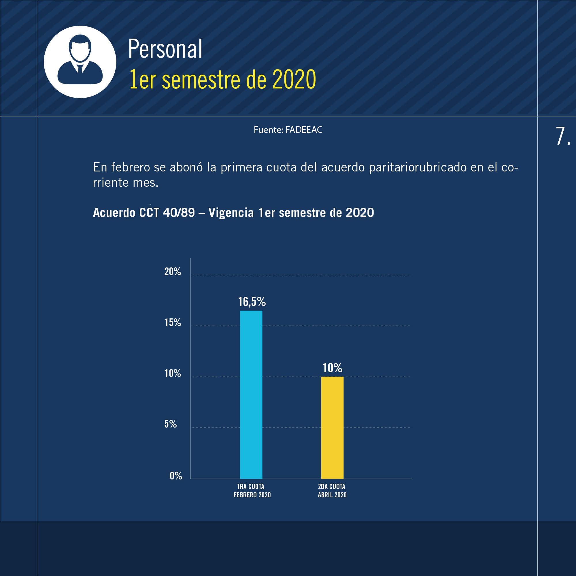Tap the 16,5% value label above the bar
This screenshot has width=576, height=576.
click(x=252, y=302)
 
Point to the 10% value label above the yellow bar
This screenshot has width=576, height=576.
click(x=333, y=368)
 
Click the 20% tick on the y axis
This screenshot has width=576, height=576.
click(x=173, y=272)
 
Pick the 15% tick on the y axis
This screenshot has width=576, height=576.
click(x=173, y=323)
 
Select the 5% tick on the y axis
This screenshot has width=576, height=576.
click(x=171, y=424)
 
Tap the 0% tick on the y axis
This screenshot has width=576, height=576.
click(x=176, y=475)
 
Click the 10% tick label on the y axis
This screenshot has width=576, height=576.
click(x=173, y=373)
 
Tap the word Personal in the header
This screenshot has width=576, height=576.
click(x=165, y=49)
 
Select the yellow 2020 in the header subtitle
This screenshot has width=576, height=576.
click(x=294, y=80)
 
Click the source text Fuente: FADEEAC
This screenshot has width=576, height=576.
click(x=288, y=130)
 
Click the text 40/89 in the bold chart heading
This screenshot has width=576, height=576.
click(x=179, y=213)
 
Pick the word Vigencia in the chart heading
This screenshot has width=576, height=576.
click(x=231, y=213)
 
